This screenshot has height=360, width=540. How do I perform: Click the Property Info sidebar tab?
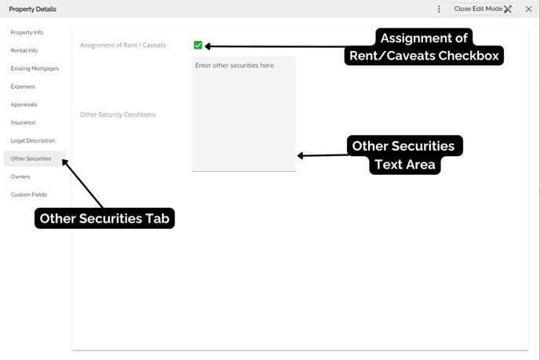coord(27,32)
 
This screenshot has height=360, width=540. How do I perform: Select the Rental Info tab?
coord(24,50)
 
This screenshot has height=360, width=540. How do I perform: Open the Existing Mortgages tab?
coord(35,68)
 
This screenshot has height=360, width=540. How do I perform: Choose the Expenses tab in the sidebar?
coord(23,86)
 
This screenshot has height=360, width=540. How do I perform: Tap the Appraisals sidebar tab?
coord(24,104)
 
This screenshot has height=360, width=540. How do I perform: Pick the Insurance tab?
coord(23,122)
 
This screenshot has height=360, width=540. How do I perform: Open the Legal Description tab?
coord(33,140)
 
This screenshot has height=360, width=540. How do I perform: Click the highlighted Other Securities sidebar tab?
coord(35,158)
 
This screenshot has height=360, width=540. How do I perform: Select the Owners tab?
coord(20,176)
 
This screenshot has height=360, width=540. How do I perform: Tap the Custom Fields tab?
coord(28,195)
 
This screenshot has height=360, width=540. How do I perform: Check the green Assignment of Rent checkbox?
coord(198,45)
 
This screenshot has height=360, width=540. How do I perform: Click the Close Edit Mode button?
coord(483,9)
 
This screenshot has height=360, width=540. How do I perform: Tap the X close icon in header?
coord(529,9)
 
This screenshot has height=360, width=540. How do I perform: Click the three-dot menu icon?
coord(439,9)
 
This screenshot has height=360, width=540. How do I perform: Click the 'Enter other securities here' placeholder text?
coord(235,65)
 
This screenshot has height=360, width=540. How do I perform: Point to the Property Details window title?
coord(33,9)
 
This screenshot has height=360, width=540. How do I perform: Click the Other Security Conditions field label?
coord(118,115)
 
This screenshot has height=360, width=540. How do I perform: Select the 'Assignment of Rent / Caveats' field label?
coord(122,45)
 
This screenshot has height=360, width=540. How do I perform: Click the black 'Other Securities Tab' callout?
coord(104,218)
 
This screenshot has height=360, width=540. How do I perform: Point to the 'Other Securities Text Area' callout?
coord(405,155)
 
